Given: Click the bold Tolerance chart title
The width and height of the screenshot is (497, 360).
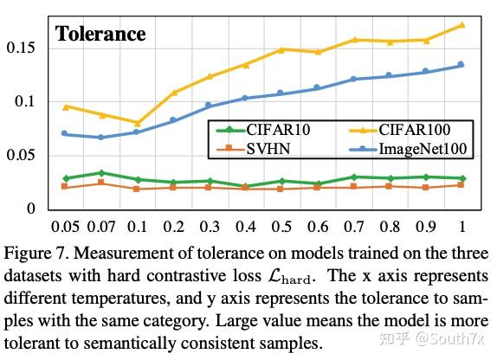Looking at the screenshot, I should pos(100,35).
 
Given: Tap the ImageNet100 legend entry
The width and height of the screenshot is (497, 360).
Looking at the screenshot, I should pos(423,149).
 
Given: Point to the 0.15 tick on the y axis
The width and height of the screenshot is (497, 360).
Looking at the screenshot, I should pos(23,47).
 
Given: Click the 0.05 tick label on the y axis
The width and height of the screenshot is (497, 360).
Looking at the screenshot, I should pos(23,155).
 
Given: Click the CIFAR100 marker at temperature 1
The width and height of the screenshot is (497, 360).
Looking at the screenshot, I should pos(461,25).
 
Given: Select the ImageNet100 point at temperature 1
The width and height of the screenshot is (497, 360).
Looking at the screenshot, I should pos(461,65).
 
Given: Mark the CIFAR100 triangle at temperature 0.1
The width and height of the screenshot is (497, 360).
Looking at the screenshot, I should pos(137,123).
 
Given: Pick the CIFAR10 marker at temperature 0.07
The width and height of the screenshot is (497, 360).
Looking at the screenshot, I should pos(100,173).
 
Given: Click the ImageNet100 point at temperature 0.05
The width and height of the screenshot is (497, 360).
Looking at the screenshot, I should pos(65,133).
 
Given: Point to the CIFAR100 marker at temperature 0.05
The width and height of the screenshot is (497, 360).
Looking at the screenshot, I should pos(65,106).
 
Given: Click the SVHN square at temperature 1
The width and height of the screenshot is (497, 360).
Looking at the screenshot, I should pos(461,184).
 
